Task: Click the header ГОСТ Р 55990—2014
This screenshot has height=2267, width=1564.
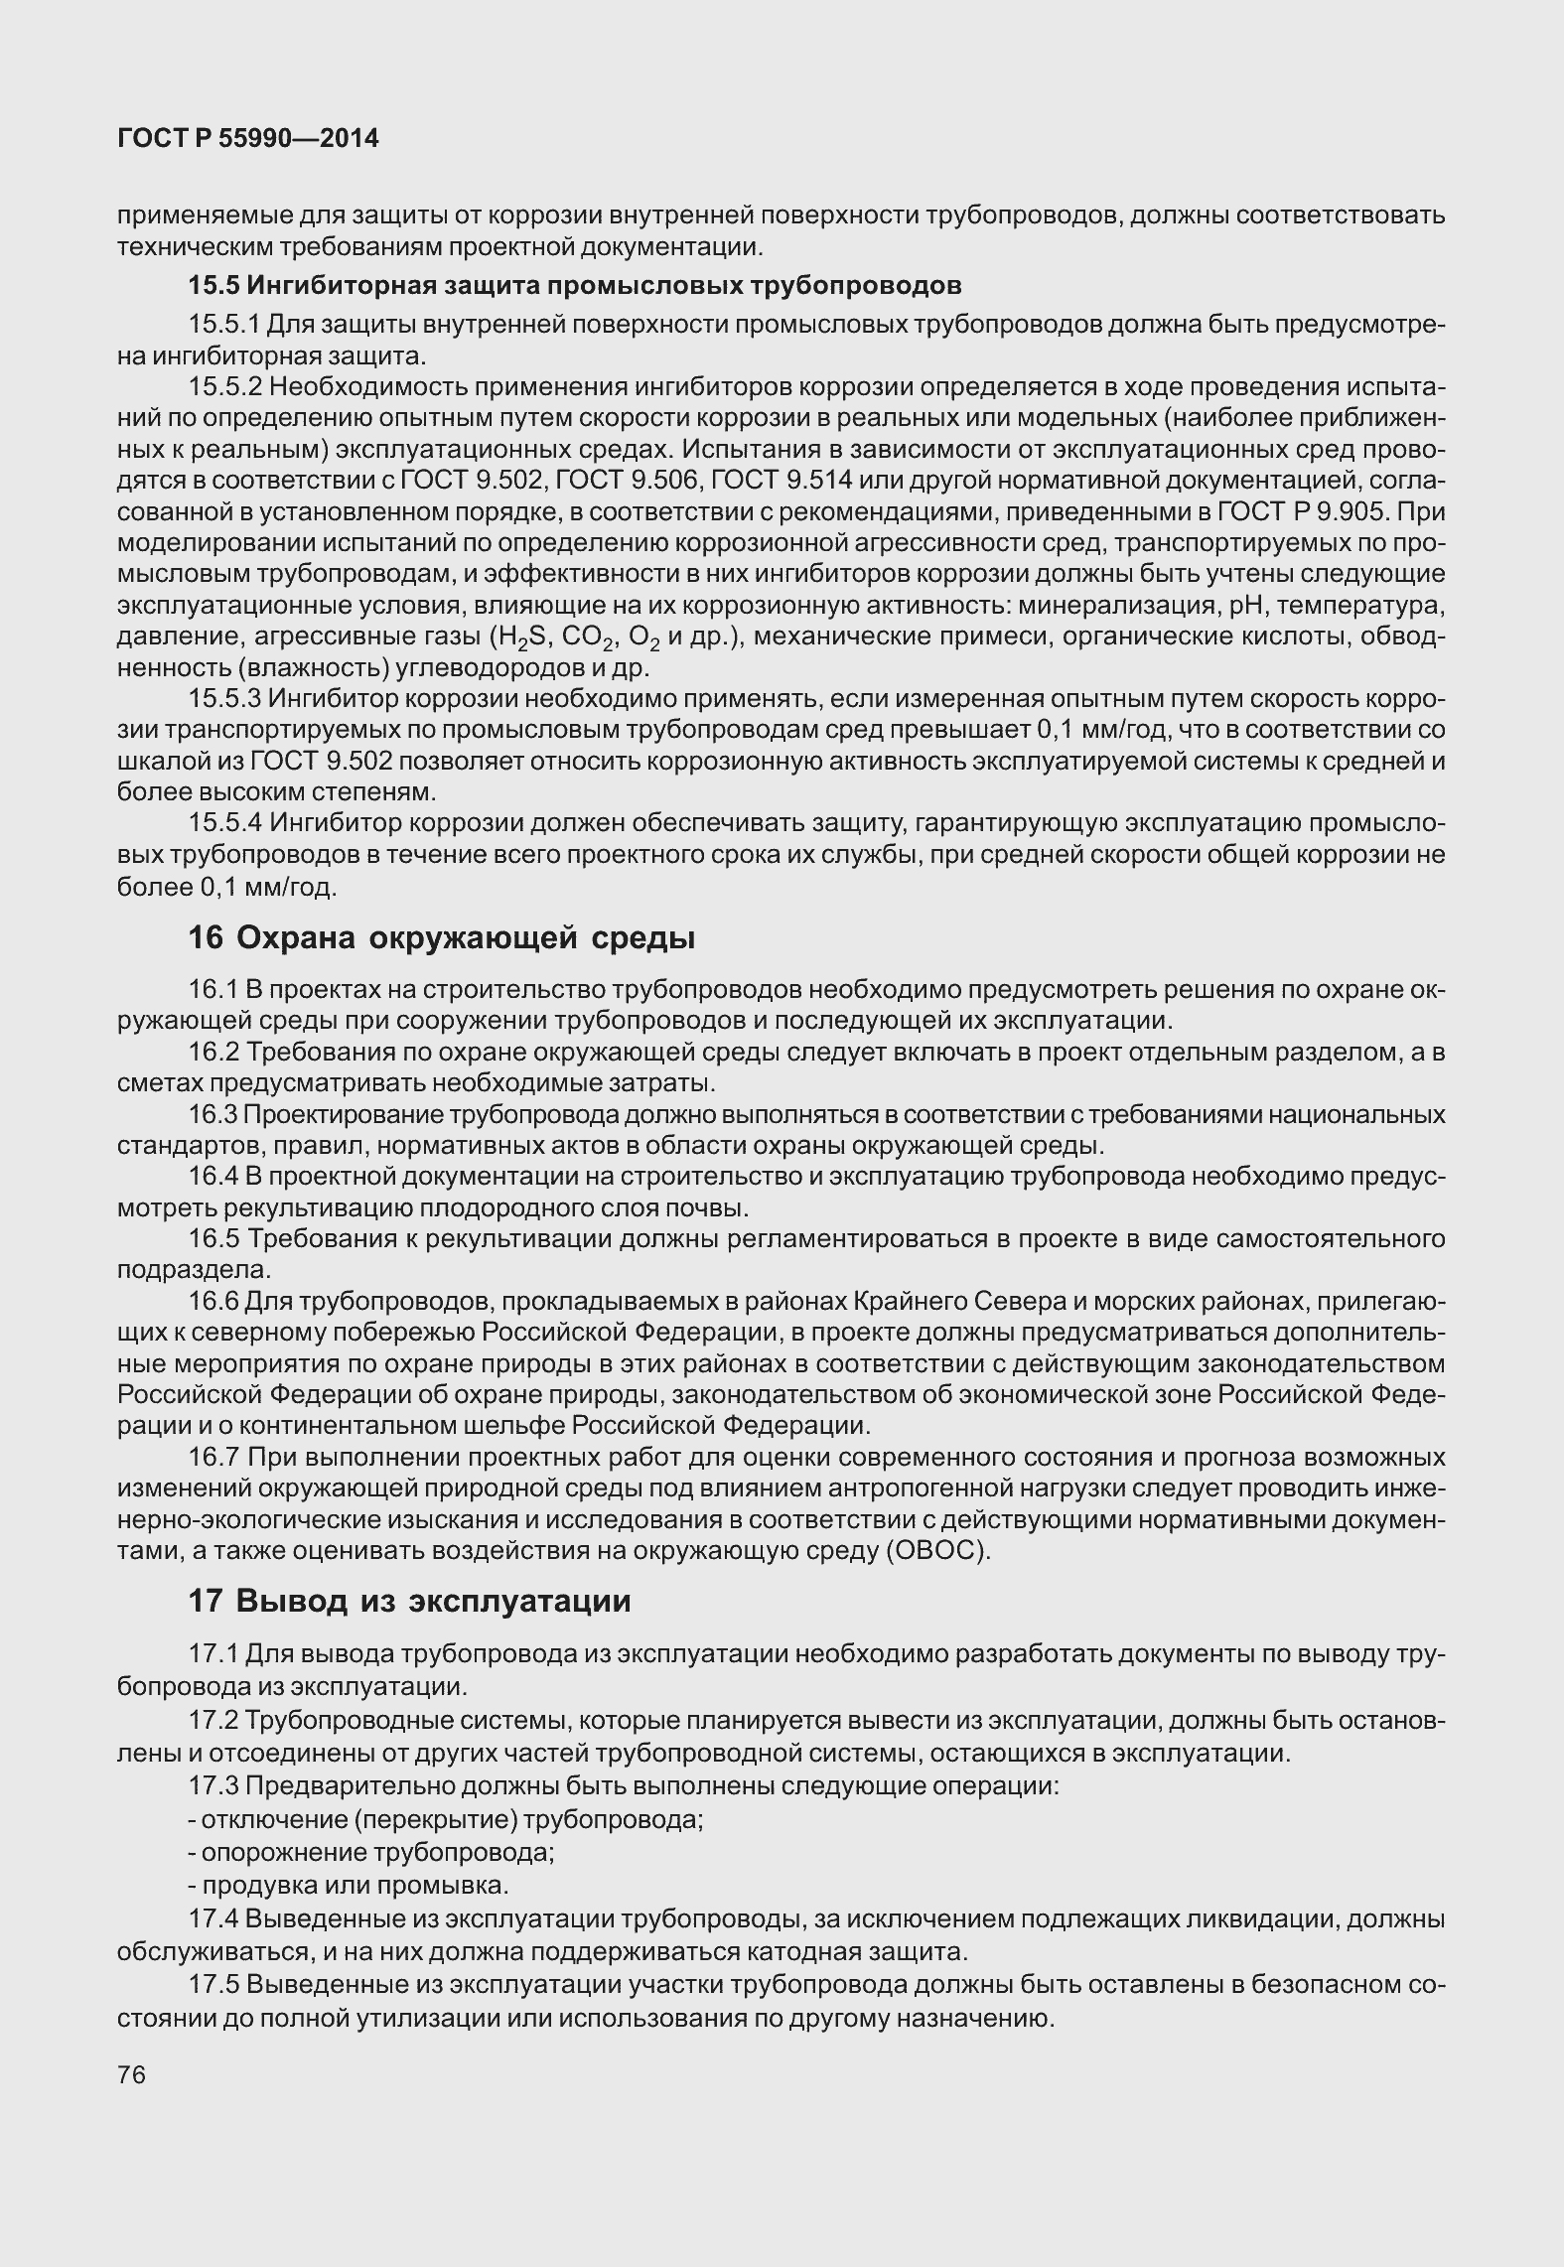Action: pos(248,139)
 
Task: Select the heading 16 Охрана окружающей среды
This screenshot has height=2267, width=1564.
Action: pos(441,937)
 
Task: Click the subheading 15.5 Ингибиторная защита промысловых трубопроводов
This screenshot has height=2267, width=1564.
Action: pos(575,286)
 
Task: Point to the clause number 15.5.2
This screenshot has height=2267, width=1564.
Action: pos(224,386)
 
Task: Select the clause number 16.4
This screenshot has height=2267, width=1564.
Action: pos(213,1177)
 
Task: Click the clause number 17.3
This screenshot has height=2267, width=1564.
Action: pos(213,1785)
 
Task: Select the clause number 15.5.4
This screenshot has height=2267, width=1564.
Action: pos(225,823)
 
